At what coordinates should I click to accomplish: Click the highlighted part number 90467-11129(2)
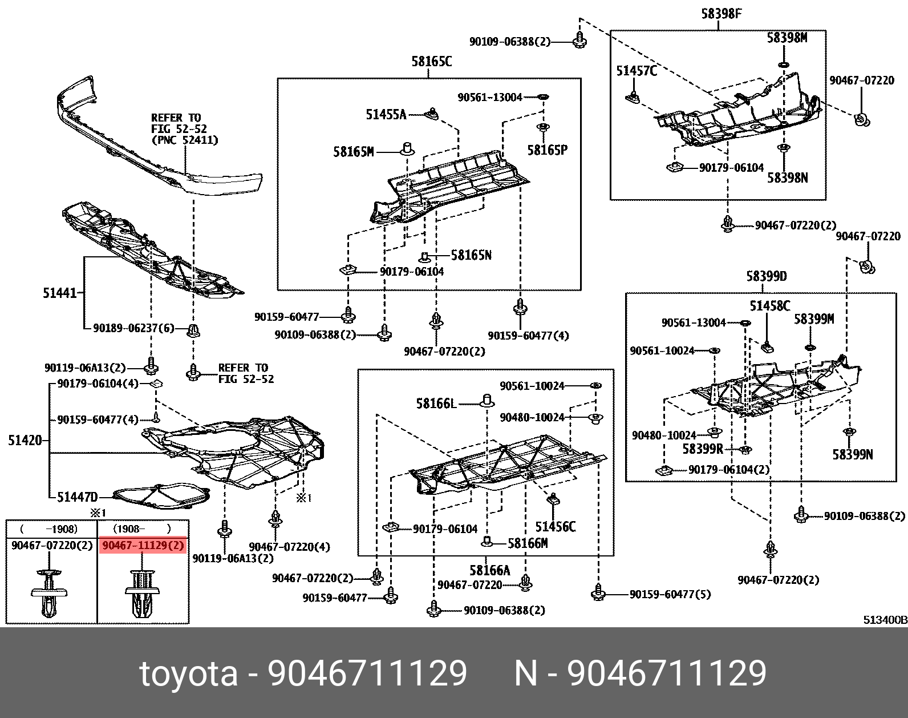(x=143, y=546)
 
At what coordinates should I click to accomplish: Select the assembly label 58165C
(x=431, y=62)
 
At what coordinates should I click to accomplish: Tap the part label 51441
(x=59, y=293)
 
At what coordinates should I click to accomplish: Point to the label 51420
(x=25, y=441)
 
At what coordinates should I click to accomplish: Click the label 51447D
(x=78, y=497)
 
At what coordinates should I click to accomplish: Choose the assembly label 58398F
(x=721, y=14)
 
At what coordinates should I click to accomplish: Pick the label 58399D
(x=766, y=277)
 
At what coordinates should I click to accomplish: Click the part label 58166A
(x=489, y=570)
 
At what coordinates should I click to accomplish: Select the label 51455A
(x=386, y=115)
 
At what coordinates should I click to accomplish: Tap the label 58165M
(x=354, y=152)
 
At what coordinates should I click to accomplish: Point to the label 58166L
(x=436, y=404)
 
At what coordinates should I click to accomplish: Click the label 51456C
(x=555, y=526)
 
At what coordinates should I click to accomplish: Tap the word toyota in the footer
(x=189, y=673)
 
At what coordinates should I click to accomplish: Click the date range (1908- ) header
(x=142, y=529)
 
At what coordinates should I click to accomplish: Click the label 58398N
(x=787, y=178)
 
